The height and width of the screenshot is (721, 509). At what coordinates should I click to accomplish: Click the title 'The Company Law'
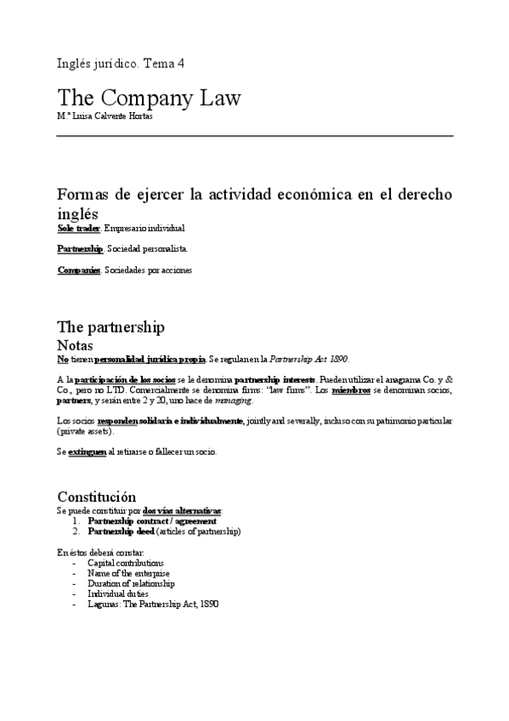coord(149,98)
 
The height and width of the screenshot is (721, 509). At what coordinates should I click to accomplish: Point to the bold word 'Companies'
coord(79,270)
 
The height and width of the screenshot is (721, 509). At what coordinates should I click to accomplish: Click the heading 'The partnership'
coord(110,327)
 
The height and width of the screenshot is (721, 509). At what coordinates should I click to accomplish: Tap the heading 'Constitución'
coord(95,497)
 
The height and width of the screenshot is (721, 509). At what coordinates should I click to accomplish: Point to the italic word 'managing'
coord(234,400)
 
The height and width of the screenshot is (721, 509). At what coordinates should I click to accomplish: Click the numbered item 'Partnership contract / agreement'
coord(152,520)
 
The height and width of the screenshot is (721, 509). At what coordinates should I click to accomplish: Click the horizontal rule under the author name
coord(255,136)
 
